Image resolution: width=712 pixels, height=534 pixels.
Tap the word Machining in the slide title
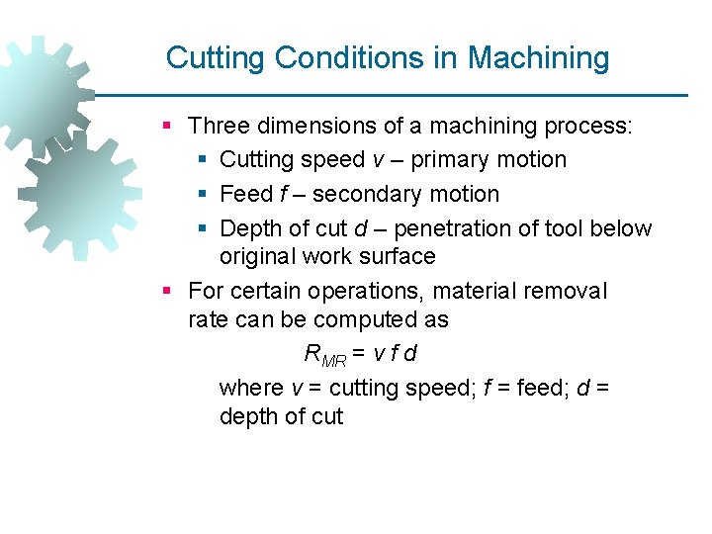click(x=539, y=57)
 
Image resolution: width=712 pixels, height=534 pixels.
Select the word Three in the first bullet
click(x=220, y=126)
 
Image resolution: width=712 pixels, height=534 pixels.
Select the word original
click(x=261, y=256)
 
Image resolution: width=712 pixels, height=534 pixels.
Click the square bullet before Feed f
click(x=203, y=194)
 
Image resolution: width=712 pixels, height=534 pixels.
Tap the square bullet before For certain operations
click(x=168, y=291)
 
